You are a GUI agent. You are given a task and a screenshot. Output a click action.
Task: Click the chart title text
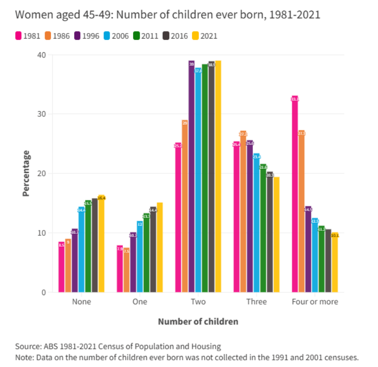(168, 15)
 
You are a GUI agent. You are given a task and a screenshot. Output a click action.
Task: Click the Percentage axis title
(26, 173)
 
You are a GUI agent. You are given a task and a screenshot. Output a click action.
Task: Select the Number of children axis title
(198, 321)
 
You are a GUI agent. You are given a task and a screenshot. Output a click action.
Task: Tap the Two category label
(198, 302)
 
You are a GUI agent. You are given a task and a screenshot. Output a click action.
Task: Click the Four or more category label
(315, 302)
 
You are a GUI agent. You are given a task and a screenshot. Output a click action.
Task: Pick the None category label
(81, 302)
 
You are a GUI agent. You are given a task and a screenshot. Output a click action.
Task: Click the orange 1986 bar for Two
(184, 206)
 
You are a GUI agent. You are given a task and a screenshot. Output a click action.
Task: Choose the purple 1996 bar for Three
(250, 216)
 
